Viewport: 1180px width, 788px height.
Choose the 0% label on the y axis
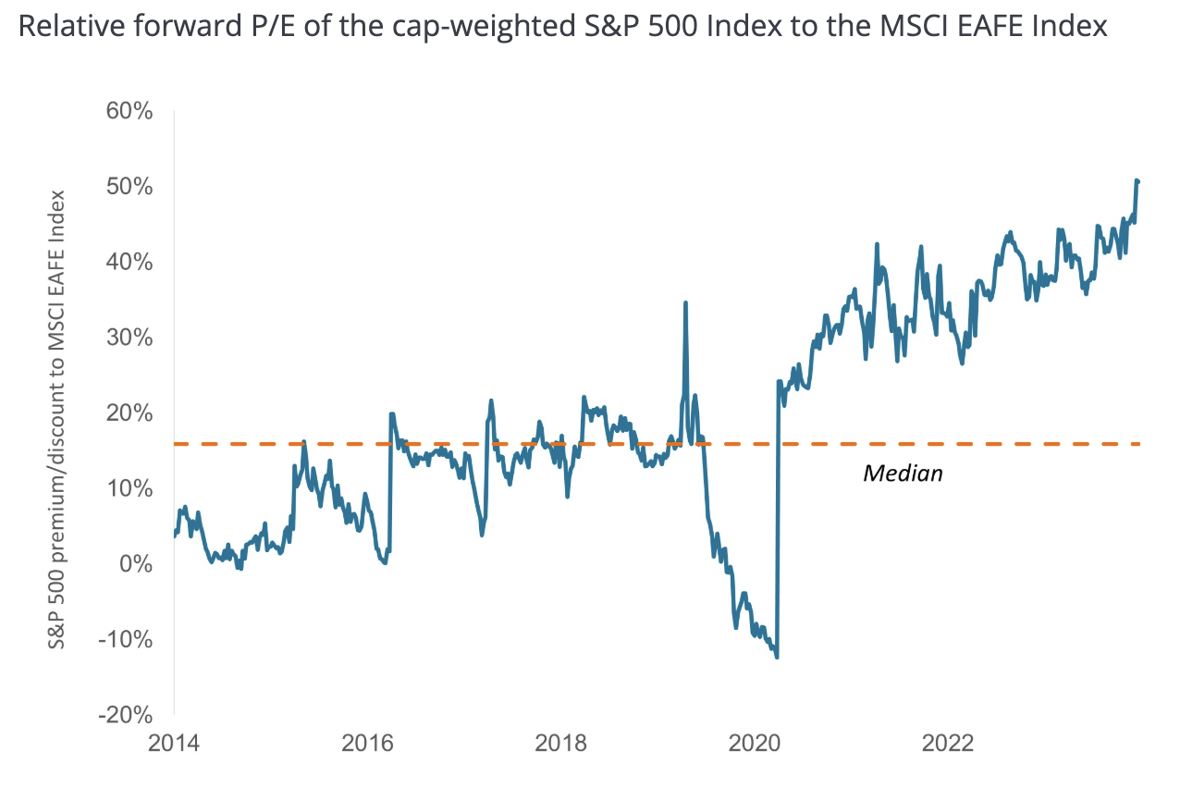click(x=133, y=563)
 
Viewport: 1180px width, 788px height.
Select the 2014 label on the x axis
click(x=174, y=744)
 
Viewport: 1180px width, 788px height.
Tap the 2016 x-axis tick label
click(x=368, y=744)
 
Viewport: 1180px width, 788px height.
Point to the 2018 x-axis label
click(x=561, y=744)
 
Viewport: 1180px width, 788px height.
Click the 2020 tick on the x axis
click(x=755, y=744)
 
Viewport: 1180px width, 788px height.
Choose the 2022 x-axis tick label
click(x=948, y=744)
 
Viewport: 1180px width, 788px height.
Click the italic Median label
click(x=903, y=474)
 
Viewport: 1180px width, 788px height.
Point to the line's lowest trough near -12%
click(x=777, y=657)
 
